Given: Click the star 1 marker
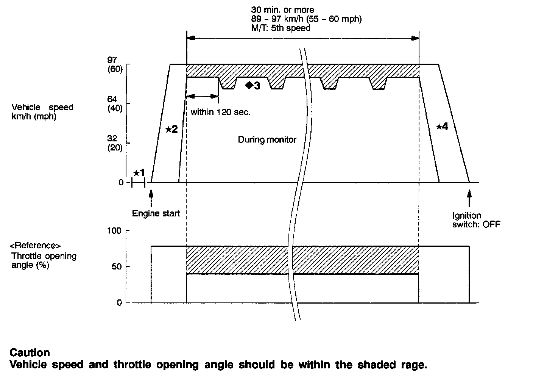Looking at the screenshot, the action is coord(139,173).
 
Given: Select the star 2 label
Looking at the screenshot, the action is coord(171,129).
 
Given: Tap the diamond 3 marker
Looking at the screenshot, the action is coord(253,86).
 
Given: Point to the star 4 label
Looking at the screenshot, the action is coord(442,127).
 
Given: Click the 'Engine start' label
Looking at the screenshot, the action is coord(156,213).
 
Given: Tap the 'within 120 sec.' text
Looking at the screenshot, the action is coord(221,112).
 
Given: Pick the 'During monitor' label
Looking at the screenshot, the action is coord(267,140).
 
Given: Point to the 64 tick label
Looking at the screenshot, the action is coord(112,100).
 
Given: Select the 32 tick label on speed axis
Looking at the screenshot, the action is coord(112,139).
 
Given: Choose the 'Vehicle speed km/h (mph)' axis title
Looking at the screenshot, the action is coord(42,112).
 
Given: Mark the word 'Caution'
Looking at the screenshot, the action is coord(30,352).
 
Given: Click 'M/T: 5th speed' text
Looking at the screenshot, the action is coord(281,28).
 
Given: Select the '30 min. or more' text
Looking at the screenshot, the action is coord(282,10).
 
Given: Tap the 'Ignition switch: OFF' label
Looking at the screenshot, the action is coord(476,220).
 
